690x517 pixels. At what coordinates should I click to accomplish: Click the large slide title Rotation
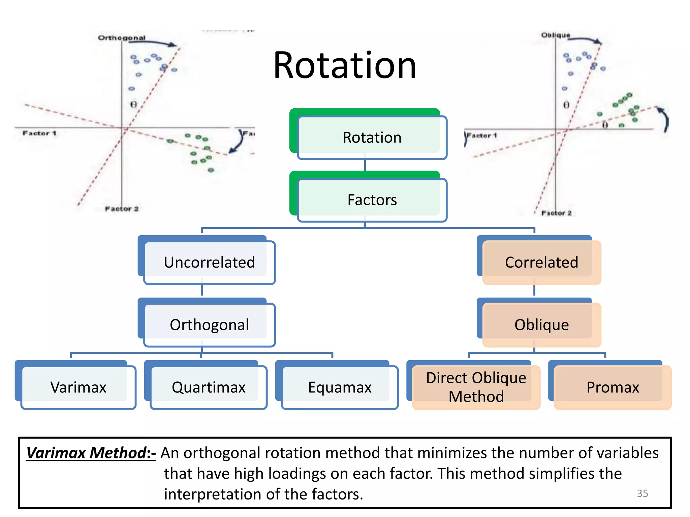tap(345, 65)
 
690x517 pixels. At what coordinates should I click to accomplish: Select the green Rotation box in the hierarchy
tap(372, 137)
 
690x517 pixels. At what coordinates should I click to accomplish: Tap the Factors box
tap(372, 200)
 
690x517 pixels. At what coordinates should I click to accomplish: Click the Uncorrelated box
tap(209, 262)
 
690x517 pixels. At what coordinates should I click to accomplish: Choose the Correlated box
tap(541, 262)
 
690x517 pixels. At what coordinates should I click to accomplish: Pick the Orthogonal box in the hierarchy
tap(209, 325)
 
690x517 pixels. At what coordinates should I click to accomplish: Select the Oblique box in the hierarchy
tap(541, 325)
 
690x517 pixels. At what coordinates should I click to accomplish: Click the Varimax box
tap(78, 387)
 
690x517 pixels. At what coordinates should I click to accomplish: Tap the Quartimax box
tap(209, 387)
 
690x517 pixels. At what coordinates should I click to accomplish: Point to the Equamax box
tap(340, 387)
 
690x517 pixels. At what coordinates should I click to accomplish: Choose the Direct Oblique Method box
tap(476, 387)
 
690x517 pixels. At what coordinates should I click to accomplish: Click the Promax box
tap(613, 387)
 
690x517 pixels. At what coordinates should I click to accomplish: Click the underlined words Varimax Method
tap(86, 453)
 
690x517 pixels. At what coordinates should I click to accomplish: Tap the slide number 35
tap(642, 493)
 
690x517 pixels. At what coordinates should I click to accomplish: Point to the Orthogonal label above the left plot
tap(122, 38)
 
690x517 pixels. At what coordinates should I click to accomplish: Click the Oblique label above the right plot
tap(555, 35)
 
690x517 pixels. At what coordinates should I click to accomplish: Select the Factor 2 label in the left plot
tap(122, 209)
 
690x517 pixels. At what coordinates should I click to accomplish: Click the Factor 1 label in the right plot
tap(481, 136)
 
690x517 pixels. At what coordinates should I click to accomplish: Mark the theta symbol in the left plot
tap(133, 104)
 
